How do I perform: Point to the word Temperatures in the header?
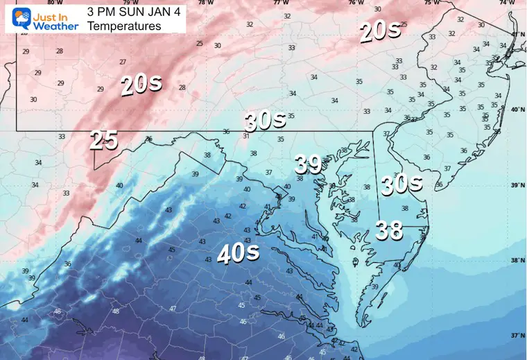coord(124,26)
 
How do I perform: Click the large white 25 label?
coord(103,141)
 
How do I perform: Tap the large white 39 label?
coord(308,164)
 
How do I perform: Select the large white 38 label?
coord(388,230)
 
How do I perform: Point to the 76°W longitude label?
coord(356,3)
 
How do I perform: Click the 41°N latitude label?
coord(517,34)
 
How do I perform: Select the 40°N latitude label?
coord(517,110)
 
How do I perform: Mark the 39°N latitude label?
coord(517,185)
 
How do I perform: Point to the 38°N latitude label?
coord(517,260)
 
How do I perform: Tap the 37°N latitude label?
coord(517,335)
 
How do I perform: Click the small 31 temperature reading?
coord(246,136)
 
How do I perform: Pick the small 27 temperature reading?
coord(123,62)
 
